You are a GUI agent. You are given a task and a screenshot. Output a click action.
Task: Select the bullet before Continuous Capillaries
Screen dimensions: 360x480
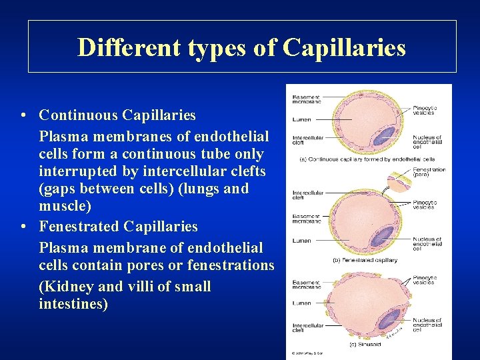pos(23,116)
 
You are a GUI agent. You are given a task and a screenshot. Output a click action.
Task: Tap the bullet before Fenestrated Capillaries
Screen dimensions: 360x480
pos(23,227)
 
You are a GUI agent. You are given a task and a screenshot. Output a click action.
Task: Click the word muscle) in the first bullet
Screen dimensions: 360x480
pos(65,207)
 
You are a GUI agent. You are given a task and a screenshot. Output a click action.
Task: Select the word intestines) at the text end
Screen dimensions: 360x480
pos(73,305)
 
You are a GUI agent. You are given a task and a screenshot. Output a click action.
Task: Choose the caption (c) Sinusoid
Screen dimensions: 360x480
pos(365,344)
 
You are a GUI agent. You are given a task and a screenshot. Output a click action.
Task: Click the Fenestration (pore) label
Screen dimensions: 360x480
pos(429,173)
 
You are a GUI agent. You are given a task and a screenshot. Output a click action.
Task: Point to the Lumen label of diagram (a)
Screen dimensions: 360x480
pos(301,120)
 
